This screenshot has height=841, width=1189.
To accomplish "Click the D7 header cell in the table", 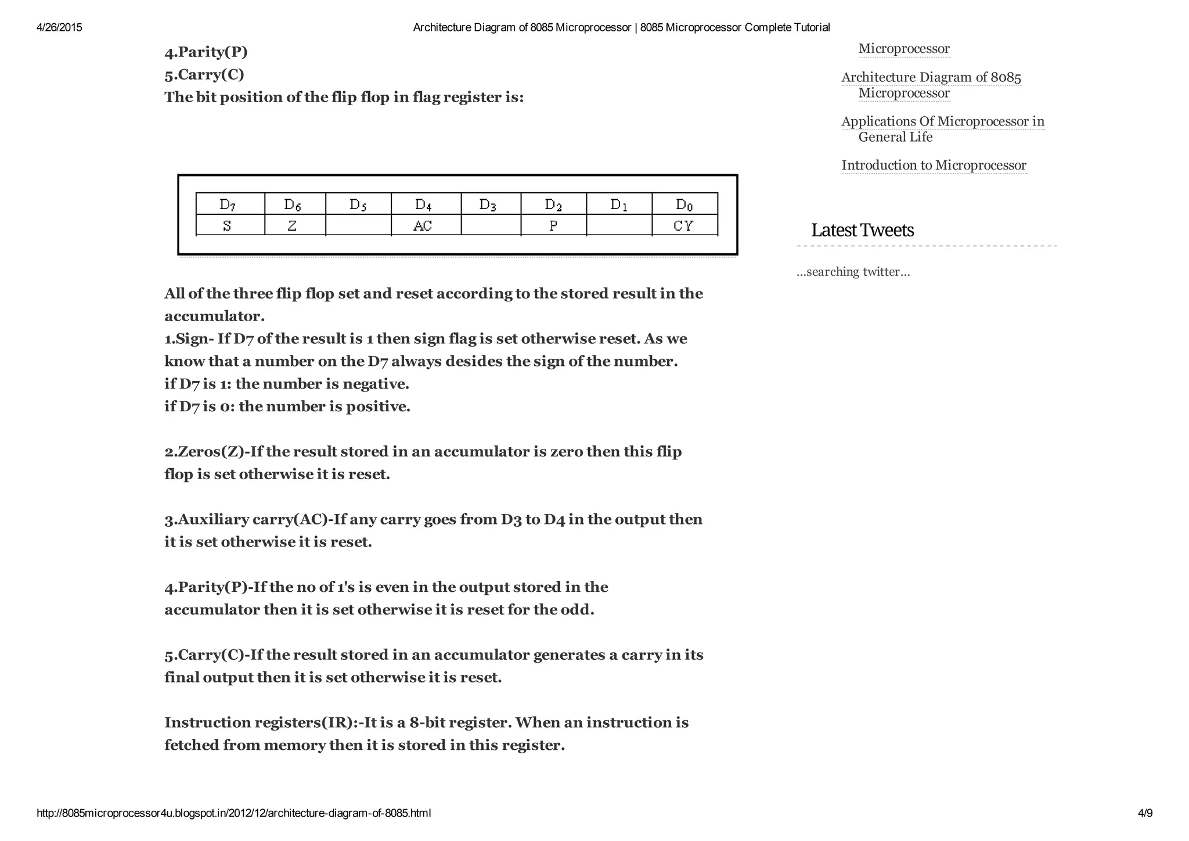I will tap(230, 204).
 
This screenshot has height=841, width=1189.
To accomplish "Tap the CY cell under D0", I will tap(684, 225).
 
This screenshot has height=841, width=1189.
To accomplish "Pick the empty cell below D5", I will tap(358, 225).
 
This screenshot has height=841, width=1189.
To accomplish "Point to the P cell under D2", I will tap(553, 225).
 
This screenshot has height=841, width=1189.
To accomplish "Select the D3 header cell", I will tap(491, 204).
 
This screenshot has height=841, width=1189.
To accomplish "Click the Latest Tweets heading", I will tap(862, 230).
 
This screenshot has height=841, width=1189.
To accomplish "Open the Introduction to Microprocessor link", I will tap(934, 166).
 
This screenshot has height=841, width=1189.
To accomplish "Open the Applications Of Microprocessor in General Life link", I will tap(942, 128).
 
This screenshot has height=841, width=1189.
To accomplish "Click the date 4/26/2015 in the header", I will tap(59, 27).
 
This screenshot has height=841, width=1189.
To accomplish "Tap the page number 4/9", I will tap(1145, 813).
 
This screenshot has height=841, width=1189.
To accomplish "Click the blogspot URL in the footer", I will tap(233, 813).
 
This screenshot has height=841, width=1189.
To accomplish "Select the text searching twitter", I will tap(853, 272).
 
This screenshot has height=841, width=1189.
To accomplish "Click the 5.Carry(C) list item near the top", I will tap(204, 74).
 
